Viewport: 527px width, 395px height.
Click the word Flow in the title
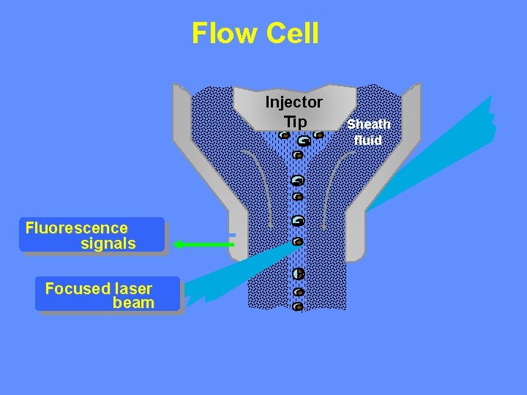219,33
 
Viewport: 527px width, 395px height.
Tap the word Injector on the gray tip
294,102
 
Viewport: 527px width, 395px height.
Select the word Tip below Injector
294,120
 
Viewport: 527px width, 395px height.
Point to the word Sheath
368,124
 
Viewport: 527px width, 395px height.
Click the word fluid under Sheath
368,140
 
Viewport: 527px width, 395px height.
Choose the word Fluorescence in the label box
76,228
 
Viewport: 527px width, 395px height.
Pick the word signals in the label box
108,244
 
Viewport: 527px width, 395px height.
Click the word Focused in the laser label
78,288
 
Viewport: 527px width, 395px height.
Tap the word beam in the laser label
134,303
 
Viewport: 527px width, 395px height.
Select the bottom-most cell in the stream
298,306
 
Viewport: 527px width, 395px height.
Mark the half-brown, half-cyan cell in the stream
298,274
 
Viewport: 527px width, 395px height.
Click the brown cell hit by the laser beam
298,241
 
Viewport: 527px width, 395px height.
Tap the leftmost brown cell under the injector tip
284,135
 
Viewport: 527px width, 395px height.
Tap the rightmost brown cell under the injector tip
318,135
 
